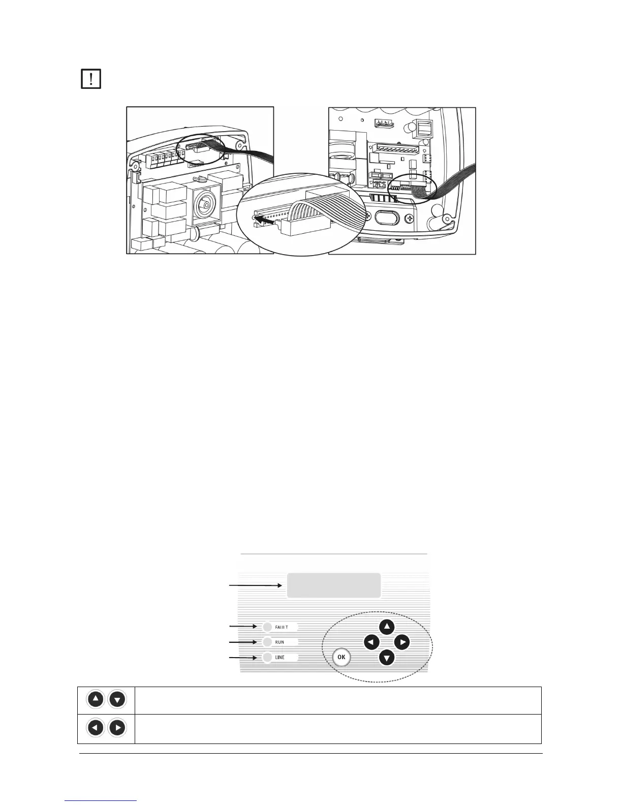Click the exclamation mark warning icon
tap(91, 79)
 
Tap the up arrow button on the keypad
tap(387, 627)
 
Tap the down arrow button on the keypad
tap(387, 659)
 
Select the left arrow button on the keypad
tap(372, 643)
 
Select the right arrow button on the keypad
tap(402, 643)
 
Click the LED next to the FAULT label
tap(268, 627)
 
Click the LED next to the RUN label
tap(268, 642)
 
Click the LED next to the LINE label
tap(268, 657)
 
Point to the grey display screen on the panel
tap(334, 585)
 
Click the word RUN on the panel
tap(279, 642)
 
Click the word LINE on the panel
tap(280, 658)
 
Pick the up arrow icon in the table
tap(96, 700)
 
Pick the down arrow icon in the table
tap(117, 700)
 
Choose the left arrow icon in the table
tap(96, 728)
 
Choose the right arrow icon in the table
tap(117, 728)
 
